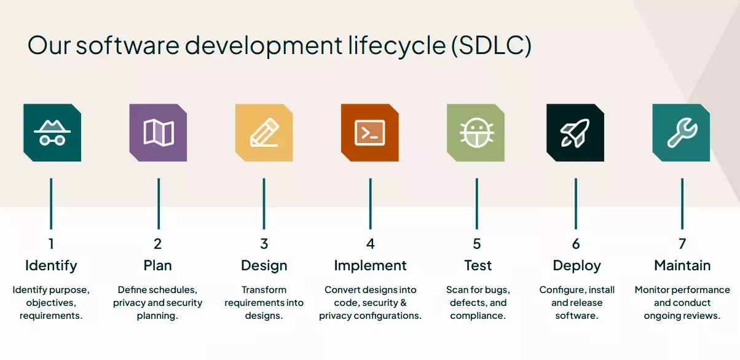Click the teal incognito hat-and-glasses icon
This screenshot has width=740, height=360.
[52, 133]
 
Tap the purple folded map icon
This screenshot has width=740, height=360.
[158, 133]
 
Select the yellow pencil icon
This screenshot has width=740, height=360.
[264, 133]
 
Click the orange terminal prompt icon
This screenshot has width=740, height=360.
[370, 133]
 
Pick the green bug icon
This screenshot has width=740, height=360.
[476, 133]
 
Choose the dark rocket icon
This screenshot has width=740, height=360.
[575, 133]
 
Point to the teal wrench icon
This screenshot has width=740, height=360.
[681, 133]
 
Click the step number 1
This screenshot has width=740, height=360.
[51, 244]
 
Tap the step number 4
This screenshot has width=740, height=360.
[370, 244]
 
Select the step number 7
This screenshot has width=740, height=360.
[682, 244]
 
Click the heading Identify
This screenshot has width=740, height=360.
[51, 266]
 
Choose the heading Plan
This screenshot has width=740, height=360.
[157, 266]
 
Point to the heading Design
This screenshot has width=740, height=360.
[264, 266]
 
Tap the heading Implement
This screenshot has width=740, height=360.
[370, 266]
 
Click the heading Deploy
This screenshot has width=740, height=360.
[577, 266]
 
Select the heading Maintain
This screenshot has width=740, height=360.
[682, 266]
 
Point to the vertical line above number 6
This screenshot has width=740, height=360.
[576, 203]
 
